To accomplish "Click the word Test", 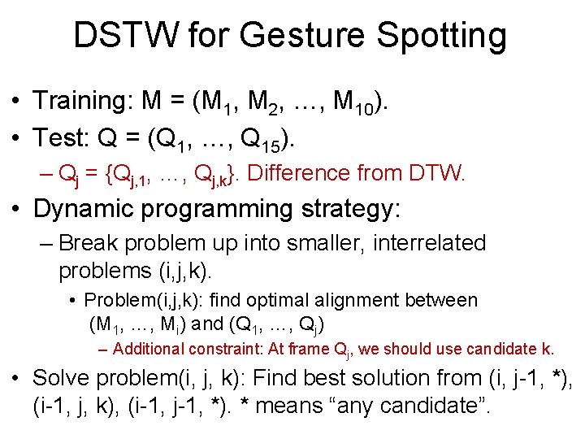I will (x=61, y=138).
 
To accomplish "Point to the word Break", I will (x=90, y=243).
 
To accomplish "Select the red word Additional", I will (x=149, y=350).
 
